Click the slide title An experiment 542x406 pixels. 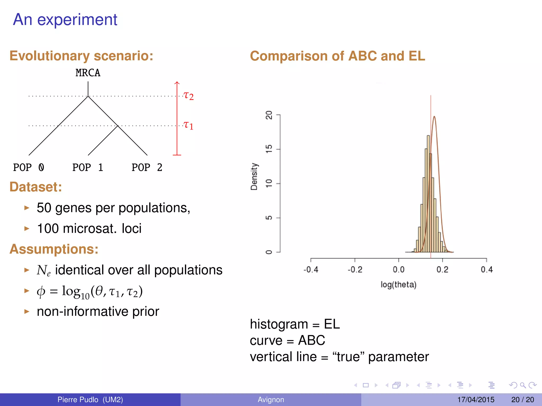click(65, 20)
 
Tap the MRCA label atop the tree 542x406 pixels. click(88, 73)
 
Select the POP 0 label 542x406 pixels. click(29, 167)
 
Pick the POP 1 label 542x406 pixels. click(88, 167)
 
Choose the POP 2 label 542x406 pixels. click(147, 167)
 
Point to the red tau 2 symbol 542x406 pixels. click(188, 95)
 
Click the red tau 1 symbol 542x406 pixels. click(188, 125)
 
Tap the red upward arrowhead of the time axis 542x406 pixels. click(177, 83)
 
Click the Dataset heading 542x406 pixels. click(36, 187)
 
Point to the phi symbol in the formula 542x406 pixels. click(41, 292)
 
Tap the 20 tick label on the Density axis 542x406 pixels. click(269, 115)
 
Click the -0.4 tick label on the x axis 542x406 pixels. click(311, 270)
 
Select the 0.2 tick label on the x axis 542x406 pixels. click(442, 270)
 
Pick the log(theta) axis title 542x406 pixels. click(398, 285)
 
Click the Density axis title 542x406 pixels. click(254, 176)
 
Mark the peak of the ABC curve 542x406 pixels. click(434, 117)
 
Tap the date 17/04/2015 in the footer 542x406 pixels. click(476, 399)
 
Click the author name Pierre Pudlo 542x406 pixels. click(78, 399)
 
